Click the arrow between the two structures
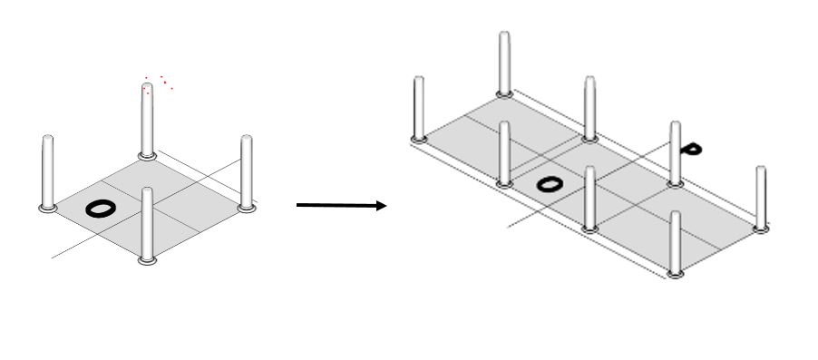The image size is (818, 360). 341,206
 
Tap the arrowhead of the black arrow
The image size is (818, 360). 382,206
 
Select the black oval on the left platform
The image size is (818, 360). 101,209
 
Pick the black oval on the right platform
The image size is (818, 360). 550,184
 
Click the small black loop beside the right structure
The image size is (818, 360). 692,150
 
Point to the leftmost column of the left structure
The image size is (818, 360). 47,172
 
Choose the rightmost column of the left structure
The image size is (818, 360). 247,172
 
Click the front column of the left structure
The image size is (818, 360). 147,224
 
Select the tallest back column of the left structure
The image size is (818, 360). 147,120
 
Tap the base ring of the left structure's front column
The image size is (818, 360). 147,260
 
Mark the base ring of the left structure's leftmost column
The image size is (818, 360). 47,209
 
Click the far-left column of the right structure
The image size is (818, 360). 419,109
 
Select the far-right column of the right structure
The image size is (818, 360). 761,199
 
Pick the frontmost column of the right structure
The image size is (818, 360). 676,244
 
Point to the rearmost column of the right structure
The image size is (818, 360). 504,63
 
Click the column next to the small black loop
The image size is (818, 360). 676,153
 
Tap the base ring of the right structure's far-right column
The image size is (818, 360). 761,229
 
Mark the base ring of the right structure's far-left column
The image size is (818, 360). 419,139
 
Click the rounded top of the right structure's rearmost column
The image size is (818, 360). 504,34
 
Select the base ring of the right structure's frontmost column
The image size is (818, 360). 676,274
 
